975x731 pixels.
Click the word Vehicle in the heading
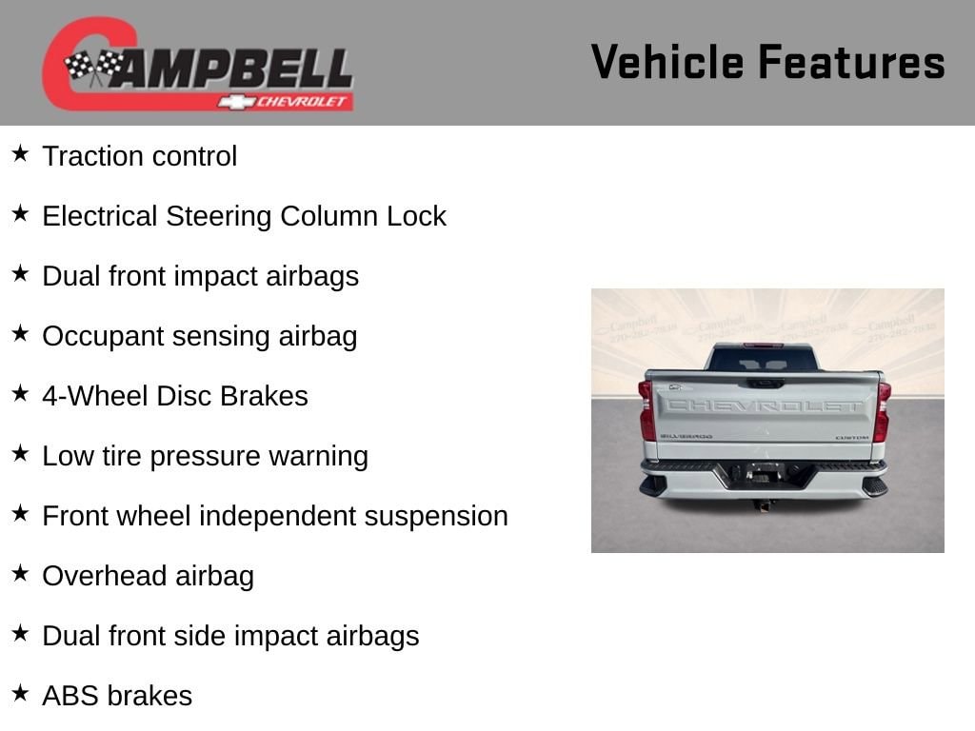pos(667,62)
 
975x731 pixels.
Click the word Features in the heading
pos(852,62)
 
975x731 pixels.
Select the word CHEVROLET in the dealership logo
pos(301,101)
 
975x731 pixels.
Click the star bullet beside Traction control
pos(21,153)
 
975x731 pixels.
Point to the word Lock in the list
pos(416,216)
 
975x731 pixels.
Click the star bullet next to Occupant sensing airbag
pos(21,333)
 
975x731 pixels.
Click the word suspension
pos(436,517)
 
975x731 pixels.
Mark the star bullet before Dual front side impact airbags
pos(21,633)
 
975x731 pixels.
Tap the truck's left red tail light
pos(647,410)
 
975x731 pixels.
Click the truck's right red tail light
pos(882,411)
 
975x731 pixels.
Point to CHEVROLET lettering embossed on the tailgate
pos(766,405)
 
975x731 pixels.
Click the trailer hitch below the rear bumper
pos(764,504)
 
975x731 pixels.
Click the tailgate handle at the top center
pos(766,384)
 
